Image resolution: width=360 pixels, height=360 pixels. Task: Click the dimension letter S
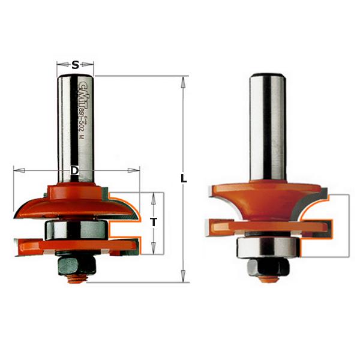(x=75, y=65)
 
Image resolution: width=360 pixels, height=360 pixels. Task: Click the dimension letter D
(x=74, y=171)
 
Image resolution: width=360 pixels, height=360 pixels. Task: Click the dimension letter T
(x=154, y=222)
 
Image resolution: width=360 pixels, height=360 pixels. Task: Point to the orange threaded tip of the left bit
(x=74, y=277)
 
